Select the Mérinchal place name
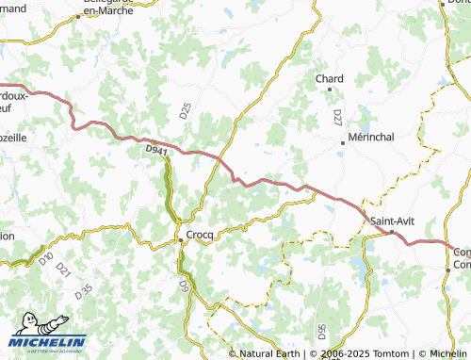click(x=370, y=136)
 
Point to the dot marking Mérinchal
click(x=343, y=143)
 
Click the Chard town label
click(x=329, y=78)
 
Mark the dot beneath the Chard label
click(x=329, y=90)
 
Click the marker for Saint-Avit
click(x=392, y=231)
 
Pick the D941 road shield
click(x=155, y=149)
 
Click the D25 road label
click(x=185, y=111)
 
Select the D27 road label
click(x=337, y=117)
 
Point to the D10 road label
click(x=46, y=256)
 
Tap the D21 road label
click(x=64, y=270)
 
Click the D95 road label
click(x=321, y=332)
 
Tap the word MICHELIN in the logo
click(x=47, y=342)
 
